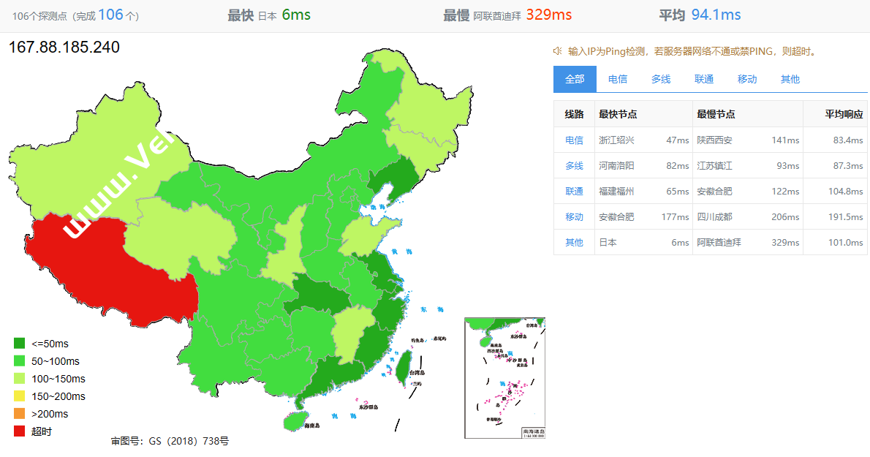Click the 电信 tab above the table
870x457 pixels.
coord(618,79)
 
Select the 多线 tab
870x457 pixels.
coord(661,79)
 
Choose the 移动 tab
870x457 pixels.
coord(747,79)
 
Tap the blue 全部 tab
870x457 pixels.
coord(575,79)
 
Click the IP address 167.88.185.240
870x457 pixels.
coord(64,48)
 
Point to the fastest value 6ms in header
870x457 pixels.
coord(296,15)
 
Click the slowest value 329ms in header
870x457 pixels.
coord(548,15)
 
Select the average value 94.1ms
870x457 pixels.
coord(716,15)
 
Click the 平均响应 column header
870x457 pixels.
coord(844,114)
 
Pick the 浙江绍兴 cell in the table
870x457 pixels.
coord(617,140)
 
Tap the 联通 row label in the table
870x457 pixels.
coord(574,191)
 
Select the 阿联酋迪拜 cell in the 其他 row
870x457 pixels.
coord(719,242)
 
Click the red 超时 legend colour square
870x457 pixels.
coord(20,431)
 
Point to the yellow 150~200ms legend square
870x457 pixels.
coord(20,396)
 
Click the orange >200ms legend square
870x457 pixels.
coord(20,414)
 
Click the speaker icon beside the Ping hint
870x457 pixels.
coord(557,51)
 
